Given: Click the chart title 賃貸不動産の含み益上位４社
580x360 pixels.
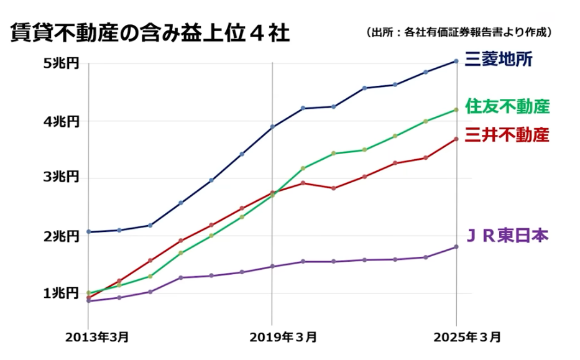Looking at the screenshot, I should click(x=150, y=32).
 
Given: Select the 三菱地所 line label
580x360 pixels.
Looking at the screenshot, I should click(x=498, y=59).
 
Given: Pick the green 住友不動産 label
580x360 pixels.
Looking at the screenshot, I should click(x=507, y=106).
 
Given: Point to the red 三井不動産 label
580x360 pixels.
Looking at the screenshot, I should click(x=507, y=134).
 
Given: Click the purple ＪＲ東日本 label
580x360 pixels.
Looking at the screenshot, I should click(x=507, y=236).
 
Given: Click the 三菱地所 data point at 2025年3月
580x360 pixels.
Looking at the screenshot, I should click(x=456, y=61).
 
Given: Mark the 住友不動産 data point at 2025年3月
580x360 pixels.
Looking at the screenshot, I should click(x=456, y=109).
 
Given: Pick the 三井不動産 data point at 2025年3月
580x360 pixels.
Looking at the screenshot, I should click(x=456, y=139).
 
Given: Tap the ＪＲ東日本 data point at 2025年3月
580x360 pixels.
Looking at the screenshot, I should click(x=456, y=247).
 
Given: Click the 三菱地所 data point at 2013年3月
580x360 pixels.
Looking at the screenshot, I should click(x=88, y=232).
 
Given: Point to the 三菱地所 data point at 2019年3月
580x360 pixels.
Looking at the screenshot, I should click(x=272, y=127).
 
